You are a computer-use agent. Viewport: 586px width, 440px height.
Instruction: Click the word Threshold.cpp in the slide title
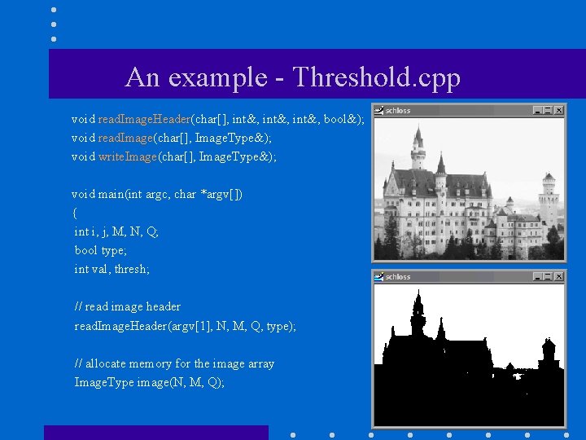click(x=376, y=77)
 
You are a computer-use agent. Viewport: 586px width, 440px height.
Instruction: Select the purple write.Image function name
click(x=128, y=156)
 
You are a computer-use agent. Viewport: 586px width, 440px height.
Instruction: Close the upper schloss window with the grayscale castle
click(x=558, y=110)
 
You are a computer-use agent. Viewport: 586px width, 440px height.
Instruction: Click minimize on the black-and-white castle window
click(x=538, y=276)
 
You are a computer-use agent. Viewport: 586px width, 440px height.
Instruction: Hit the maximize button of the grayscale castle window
click(x=548, y=110)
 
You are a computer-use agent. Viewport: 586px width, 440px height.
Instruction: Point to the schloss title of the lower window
click(x=398, y=276)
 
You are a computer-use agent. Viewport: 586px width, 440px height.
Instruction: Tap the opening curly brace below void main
click(x=75, y=213)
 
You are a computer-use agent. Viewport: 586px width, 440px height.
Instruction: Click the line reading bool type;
click(x=101, y=250)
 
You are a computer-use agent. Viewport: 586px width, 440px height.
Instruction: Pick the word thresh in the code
click(x=131, y=269)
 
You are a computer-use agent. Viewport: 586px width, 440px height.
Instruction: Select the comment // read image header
click(x=128, y=306)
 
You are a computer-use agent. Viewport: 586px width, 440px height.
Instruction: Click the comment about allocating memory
click(x=174, y=363)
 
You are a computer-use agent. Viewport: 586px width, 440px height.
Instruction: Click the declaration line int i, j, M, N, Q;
click(x=116, y=231)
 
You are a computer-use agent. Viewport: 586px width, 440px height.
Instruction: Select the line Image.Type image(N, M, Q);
click(x=149, y=382)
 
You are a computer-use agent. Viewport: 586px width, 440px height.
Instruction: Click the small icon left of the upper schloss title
click(x=378, y=110)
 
